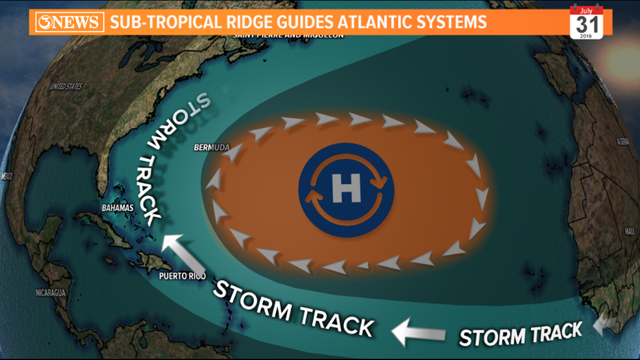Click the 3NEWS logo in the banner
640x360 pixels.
[69, 23]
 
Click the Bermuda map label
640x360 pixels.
[212, 148]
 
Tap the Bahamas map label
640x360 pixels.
[117, 208]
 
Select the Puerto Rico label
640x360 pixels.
[182, 276]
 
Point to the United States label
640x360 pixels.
[66, 86]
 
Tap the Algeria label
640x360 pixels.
[622, 141]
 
